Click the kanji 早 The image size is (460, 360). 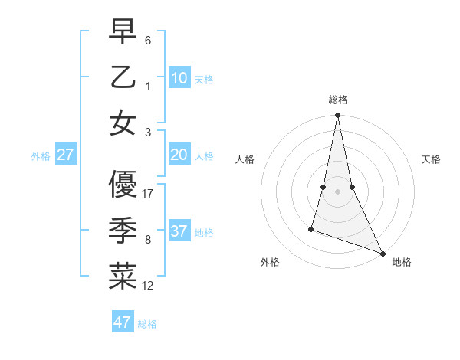pyautogui.click(x=123, y=33)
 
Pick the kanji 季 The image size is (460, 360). pyautogui.click(x=123, y=231)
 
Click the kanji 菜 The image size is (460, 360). pyautogui.click(x=123, y=277)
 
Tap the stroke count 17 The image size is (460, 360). pyautogui.click(x=149, y=194)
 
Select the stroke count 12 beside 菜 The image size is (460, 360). pyautogui.click(x=149, y=286)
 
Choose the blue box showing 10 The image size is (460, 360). pyautogui.click(x=179, y=78)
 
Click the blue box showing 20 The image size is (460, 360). pyautogui.click(x=179, y=155)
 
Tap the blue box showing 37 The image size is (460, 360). pyautogui.click(x=179, y=231)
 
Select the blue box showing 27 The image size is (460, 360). pyautogui.click(x=66, y=155)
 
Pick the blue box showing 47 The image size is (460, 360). pyautogui.click(x=123, y=322)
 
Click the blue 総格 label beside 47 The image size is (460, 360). pyautogui.click(x=147, y=324)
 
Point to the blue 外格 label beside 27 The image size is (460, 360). pyautogui.click(x=41, y=156)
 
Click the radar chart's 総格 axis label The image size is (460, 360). pyautogui.click(x=338, y=100)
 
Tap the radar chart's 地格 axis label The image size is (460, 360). pyautogui.click(x=402, y=262)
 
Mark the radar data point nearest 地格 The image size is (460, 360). pyautogui.click(x=382, y=253)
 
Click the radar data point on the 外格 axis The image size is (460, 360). pyautogui.click(x=311, y=228)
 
